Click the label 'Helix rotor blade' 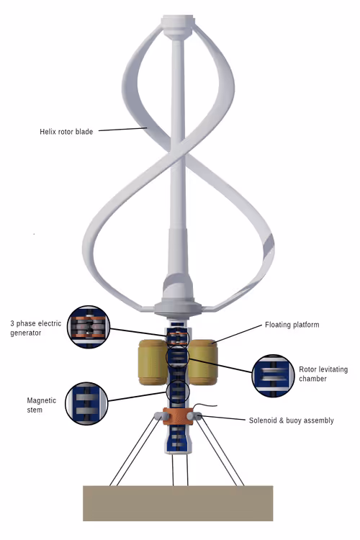tap(66, 132)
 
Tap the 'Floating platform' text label tap(292, 325)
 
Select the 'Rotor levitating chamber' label tap(323, 374)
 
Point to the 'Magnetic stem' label tap(41, 405)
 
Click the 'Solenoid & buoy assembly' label tap(291, 420)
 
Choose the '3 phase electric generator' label tap(35, 328)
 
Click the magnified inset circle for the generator tap(89, 326)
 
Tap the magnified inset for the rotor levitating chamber tap(273, 376)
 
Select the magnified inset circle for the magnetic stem tap(86, 403)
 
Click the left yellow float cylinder tap(153, 362)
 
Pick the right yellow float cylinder tap(203, 362)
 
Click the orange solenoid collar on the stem tap(177, 416)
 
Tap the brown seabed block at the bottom tap(178, 503)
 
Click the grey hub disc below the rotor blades tap(177, 308)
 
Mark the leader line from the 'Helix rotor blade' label tap(123, 130)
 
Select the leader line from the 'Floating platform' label tap(237, 333)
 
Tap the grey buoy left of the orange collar tap(160, 415)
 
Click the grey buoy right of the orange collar tap(194, 416)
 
